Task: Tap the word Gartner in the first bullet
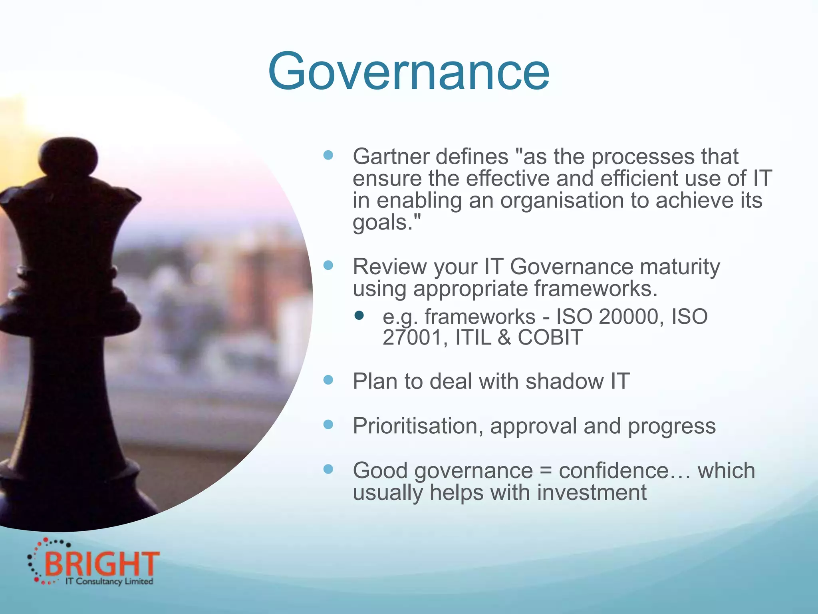point(391,156)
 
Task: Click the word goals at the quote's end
point(381,223)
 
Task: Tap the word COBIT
point(550,337)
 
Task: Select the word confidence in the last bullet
point(613,470)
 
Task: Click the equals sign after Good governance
point(546,471)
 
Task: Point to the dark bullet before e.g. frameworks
point(359,316)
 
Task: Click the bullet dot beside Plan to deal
point(328,380)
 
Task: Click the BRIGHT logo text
point(102,563)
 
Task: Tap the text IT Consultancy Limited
point(109,581)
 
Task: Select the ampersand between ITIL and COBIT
point(504,337)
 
